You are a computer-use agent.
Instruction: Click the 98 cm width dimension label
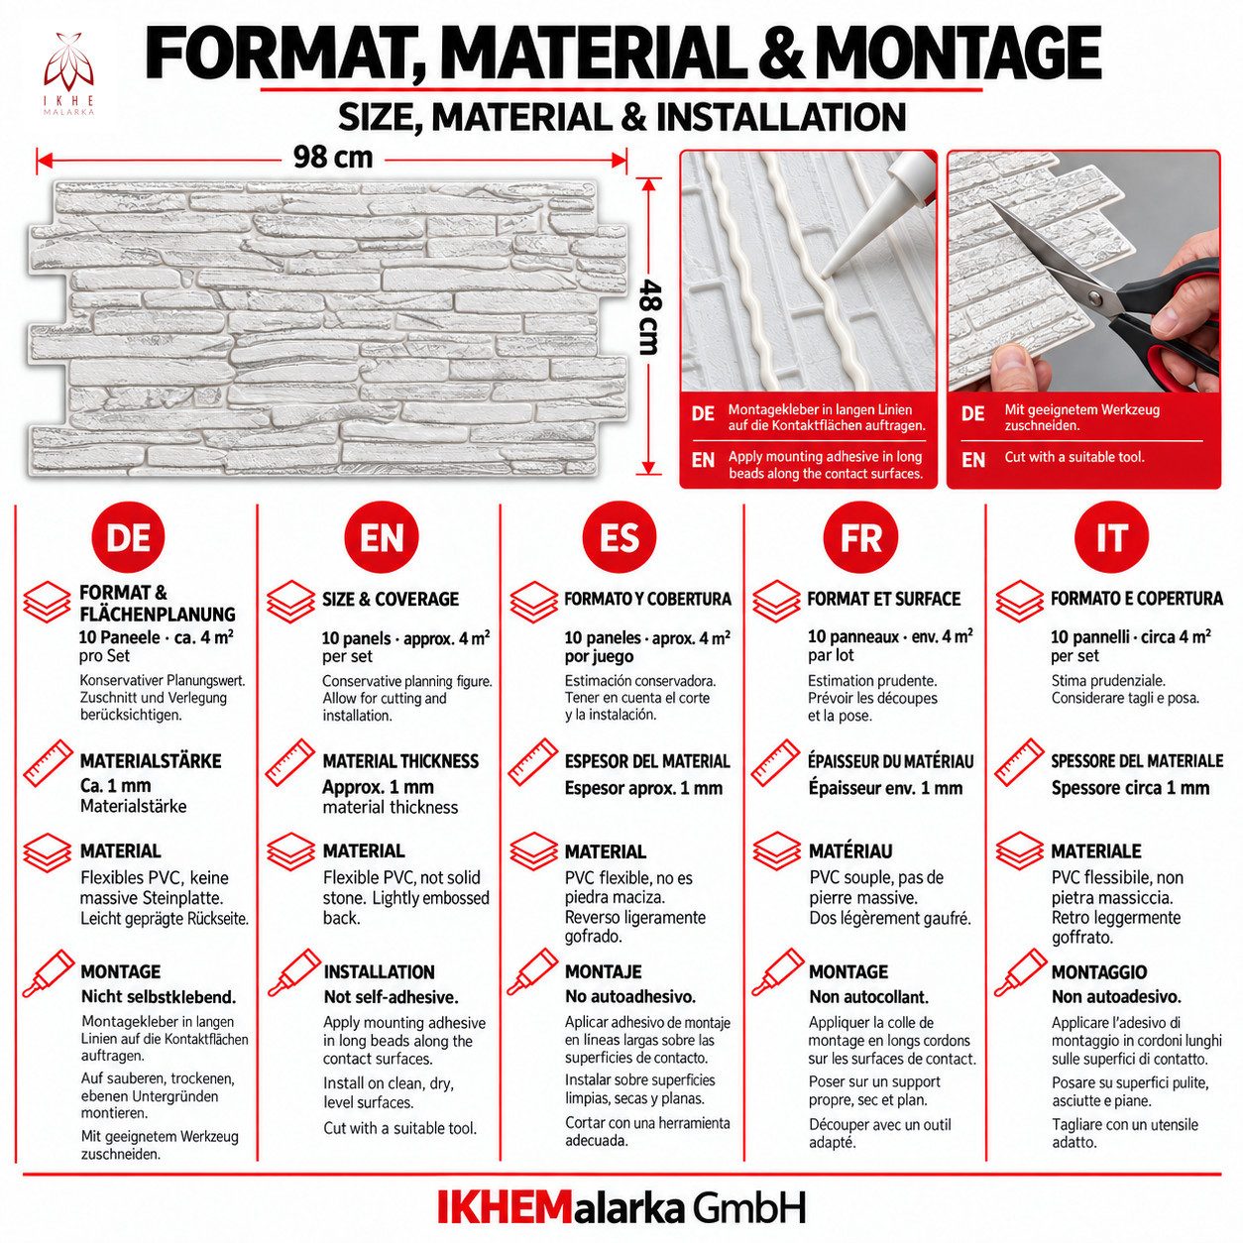pyautogui.click(x=333, y=158)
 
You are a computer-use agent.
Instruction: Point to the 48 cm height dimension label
pyautogui.click(x=647, y=317)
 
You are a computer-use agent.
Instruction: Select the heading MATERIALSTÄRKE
pyautogui.click(x=151, y=761)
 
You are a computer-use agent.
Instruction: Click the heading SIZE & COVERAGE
pyautogui.click(x=391, y=600)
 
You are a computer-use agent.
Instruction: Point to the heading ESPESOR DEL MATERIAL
pyautogui.click(x=647, y=762)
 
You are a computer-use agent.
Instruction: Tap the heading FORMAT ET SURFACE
pyautogui.click(x=884, y=600)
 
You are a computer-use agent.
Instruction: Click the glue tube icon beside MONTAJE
pyautogui.click(x=531, y=972)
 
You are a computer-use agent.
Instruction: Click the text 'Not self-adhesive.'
pyautogui.click(x=391, y=997)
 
